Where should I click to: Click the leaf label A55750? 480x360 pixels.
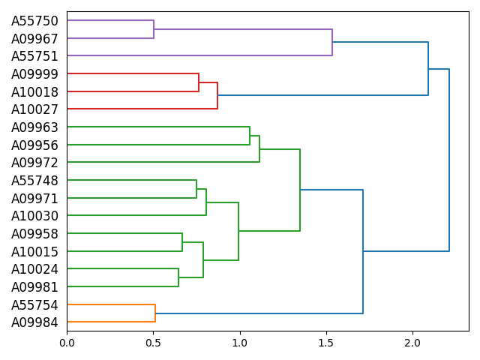(x=34, y=21)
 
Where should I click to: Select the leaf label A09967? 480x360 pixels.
(x=34, y=38)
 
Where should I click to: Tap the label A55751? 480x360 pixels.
(x=34, y=56)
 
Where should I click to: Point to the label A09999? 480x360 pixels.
(x=34, y=74)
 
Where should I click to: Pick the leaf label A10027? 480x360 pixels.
(x=34, y=109)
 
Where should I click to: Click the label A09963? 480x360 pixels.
(x=34, y=127)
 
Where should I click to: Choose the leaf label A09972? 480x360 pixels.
(x=34, y=163)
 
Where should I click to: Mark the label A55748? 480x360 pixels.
(x=34, y=181)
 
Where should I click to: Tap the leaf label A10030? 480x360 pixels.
(x=34, y=216)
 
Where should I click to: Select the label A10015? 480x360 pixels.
(x=34, y=251)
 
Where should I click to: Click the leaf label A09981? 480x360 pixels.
(x=34, y=286)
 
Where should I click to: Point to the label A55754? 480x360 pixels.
(x=34, y=305)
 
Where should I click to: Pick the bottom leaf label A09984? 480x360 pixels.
(x=34, y=322)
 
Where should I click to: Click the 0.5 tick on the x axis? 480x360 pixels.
(x=153, y=343)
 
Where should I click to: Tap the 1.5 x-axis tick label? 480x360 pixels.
(x=326, y=343)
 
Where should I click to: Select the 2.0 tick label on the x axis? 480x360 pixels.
(x=412, y=343)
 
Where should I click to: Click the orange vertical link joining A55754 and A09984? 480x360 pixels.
(x=155, y=313)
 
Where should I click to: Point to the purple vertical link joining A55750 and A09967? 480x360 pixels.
(x=154, y=29)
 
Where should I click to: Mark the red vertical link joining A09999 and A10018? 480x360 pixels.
(x=199, y=82)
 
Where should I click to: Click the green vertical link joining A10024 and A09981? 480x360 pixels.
(x=178, y=277)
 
